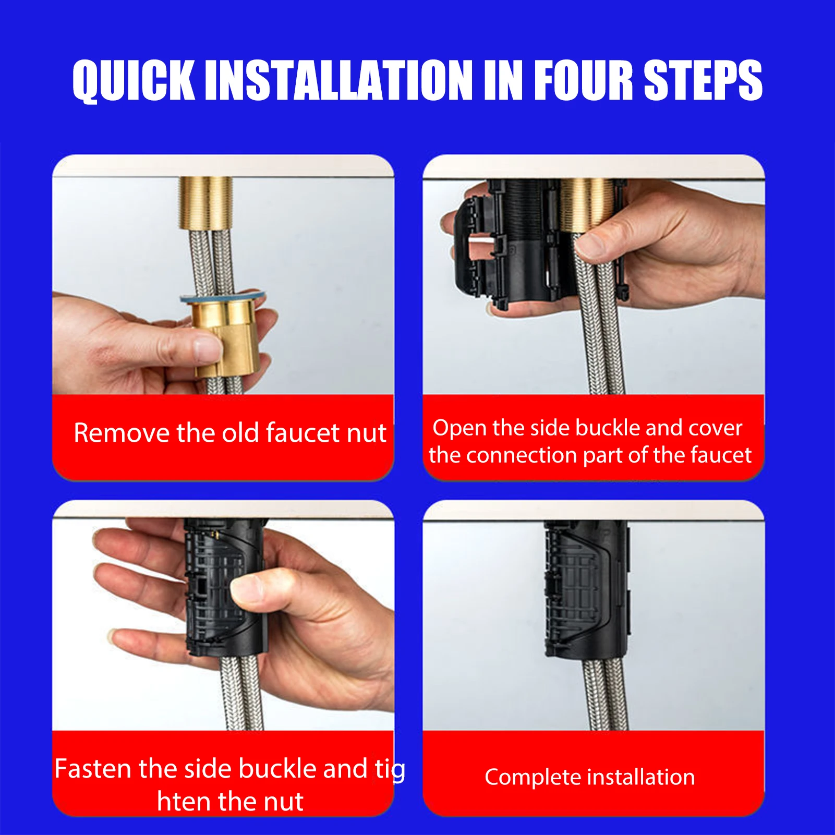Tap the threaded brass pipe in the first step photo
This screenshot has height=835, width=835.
click(205, 203)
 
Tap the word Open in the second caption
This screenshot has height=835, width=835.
click(459, 429)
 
